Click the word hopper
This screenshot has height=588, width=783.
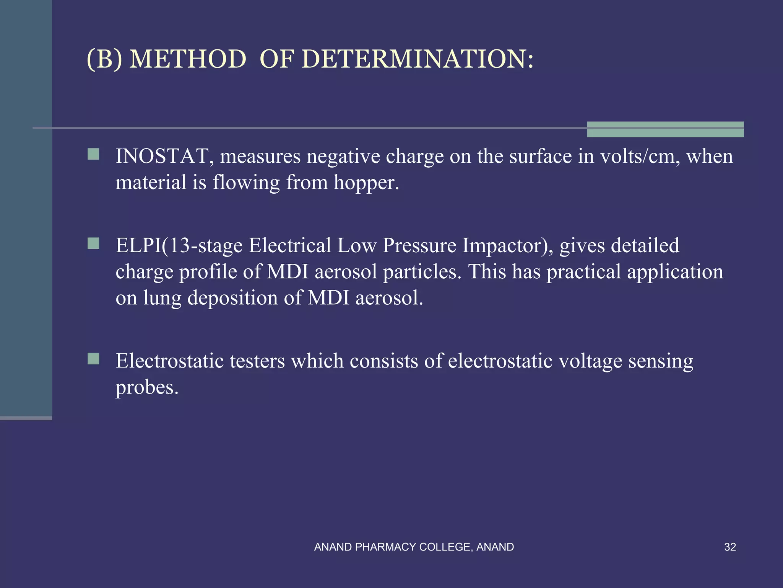tap(366, 182)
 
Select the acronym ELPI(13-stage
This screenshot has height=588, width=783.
tap(179, 245)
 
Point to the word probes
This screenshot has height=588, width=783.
tap(147, 388)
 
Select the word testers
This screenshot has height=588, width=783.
tap(257, 361)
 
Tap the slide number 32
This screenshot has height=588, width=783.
tap(730, 547)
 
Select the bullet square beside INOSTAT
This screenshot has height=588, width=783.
tap(93, 154)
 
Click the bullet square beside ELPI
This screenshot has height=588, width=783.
tap(93, 243)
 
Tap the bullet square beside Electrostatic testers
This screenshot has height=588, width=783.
tap(93, 359)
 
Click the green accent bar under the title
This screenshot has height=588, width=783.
tap(665, 129)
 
